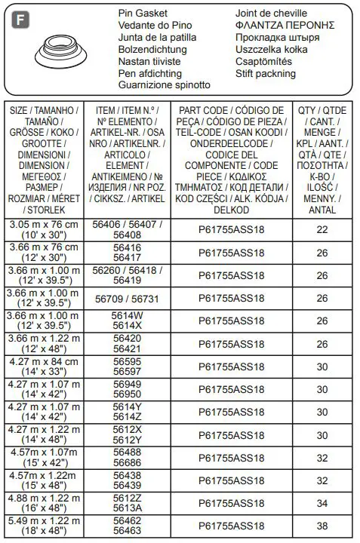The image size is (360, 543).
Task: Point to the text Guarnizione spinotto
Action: point(165,85)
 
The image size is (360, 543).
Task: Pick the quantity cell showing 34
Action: point(322,503)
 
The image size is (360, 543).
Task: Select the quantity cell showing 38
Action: point(322,526)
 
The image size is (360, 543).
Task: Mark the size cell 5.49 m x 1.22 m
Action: point(43,526)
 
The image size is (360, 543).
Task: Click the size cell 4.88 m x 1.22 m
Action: point(43,503)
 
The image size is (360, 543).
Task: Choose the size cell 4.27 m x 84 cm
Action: point(43,367)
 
